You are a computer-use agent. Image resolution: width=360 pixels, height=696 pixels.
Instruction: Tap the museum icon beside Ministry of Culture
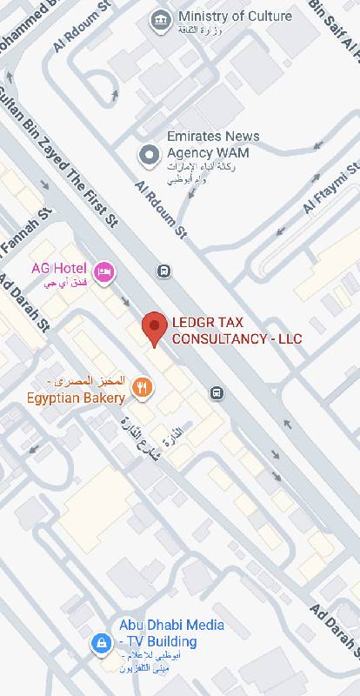160,20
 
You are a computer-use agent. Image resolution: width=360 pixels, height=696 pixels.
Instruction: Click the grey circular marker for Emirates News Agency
149,155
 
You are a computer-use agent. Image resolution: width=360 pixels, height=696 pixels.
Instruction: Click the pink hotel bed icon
104,272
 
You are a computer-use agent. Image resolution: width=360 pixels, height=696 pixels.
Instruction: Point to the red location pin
155,328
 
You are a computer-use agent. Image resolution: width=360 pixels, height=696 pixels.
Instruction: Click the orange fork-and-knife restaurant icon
144,388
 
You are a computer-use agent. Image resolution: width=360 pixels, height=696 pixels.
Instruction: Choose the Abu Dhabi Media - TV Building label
171,633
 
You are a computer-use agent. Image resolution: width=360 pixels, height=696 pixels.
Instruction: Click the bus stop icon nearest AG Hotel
163,271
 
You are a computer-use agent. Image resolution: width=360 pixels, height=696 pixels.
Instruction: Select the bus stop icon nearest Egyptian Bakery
217,392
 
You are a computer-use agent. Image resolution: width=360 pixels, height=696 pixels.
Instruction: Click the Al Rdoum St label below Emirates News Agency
162,210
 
